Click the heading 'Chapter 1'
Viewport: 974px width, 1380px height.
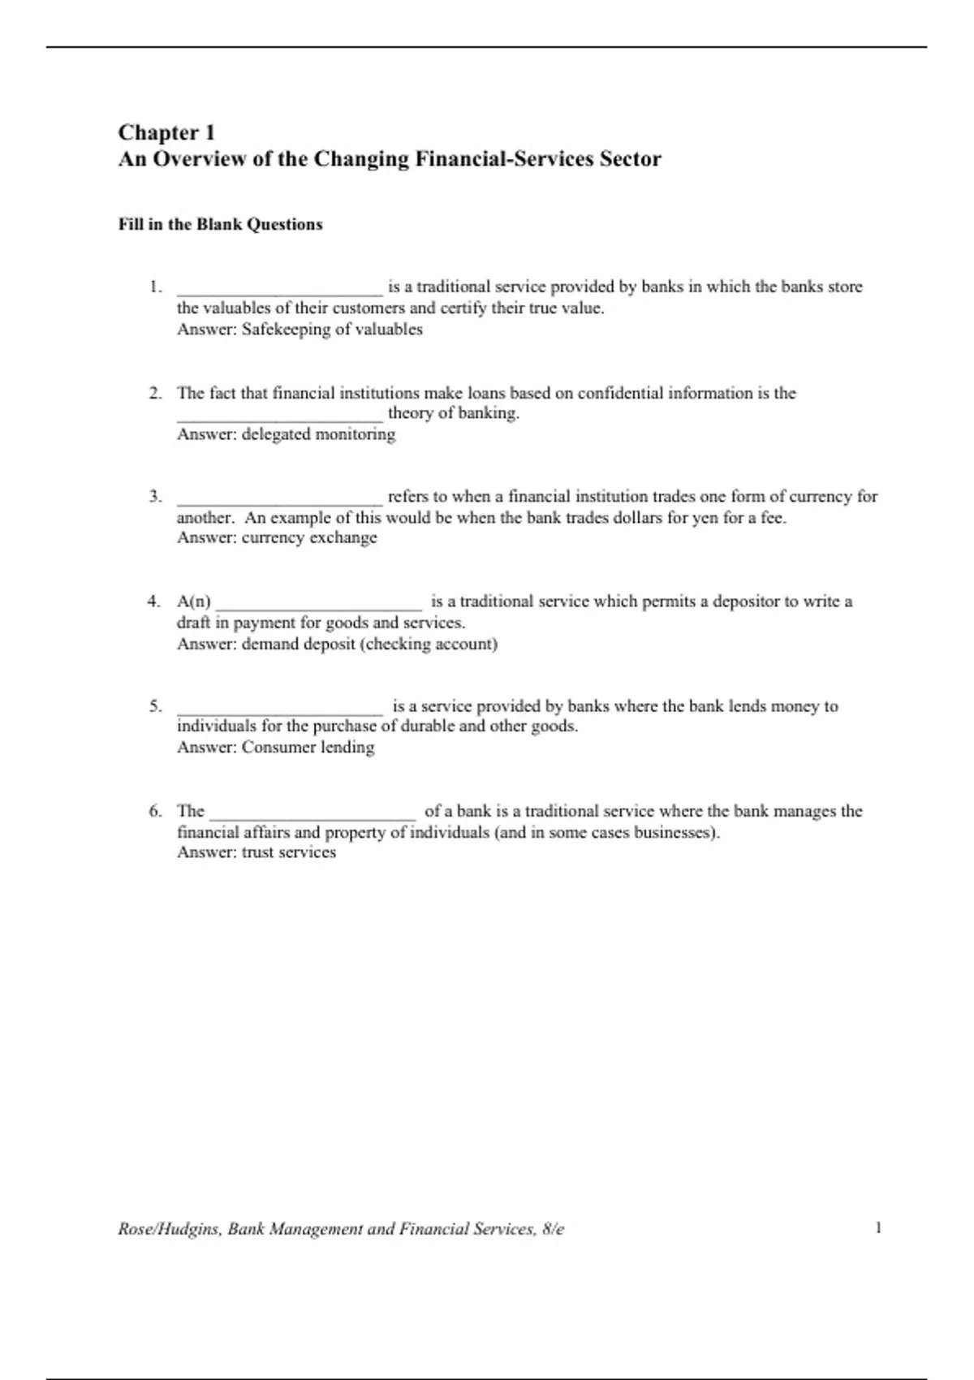(x=166, y=132)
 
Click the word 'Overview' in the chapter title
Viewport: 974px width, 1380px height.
(x=199, y=159)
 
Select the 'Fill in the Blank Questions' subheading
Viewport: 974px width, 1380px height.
(x=220, y=225)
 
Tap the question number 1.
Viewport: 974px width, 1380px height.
(x=154, y=287)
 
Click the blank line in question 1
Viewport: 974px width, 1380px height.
(x=279, y=291)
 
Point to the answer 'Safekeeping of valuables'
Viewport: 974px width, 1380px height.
(x=332, y=330)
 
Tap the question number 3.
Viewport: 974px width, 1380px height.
(x=154, y=496)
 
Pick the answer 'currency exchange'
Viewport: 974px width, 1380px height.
(x=309, y=537)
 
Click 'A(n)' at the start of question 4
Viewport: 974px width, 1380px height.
(x=193, y=602)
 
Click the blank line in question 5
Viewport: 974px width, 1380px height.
(x=279, y=710)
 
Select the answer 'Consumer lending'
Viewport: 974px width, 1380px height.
(x=308, y=747)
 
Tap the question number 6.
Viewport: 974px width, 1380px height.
(x=154, y=811)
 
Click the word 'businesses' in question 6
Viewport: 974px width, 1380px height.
(x=670, y=832)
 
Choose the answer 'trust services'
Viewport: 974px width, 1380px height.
(x=288, y=852)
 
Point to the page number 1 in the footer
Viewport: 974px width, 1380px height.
(x=878, y=1227)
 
